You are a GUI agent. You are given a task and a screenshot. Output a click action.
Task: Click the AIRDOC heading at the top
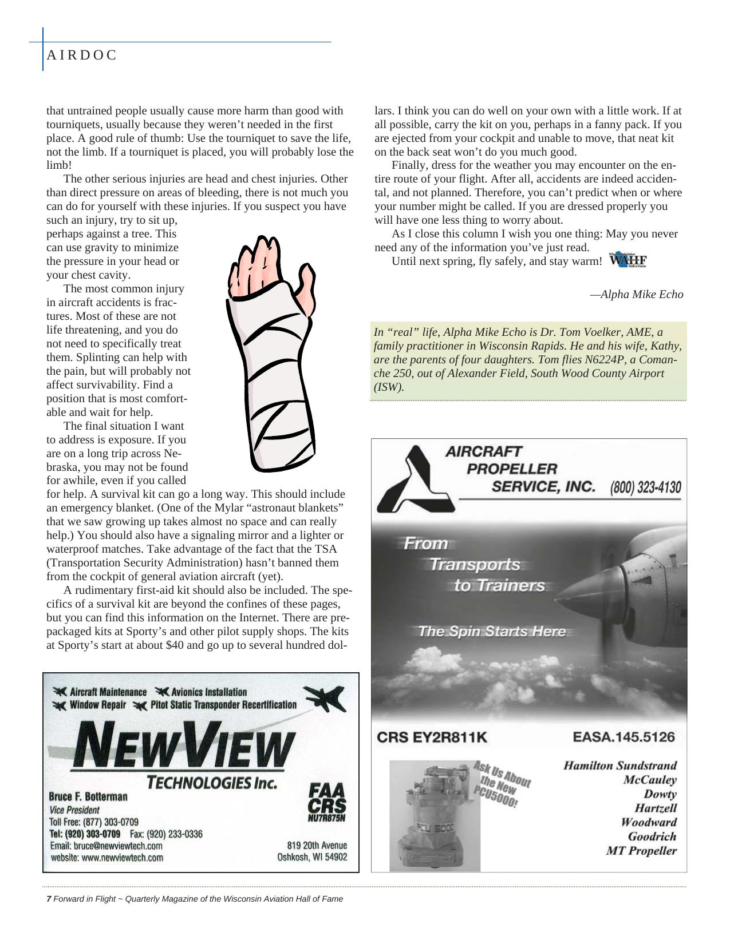coord(81,55)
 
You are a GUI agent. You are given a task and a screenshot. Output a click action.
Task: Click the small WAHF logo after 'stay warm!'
coord(628,260)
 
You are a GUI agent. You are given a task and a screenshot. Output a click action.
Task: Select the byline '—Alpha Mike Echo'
coord(636,294)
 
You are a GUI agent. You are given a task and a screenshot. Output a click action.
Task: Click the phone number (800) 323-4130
coord(645,487)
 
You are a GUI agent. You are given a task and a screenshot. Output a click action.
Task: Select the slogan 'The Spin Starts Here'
coord(492,631)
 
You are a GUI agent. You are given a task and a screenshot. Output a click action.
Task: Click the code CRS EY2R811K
coord(432,737)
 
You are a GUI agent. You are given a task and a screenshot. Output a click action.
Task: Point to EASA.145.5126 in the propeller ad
coord(624,736)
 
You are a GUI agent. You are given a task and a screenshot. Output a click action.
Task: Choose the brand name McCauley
coord(650,779)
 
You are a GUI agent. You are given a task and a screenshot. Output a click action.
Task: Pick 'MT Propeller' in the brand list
coord(641,850)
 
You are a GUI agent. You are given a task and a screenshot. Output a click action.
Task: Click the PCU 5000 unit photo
coord(435,815)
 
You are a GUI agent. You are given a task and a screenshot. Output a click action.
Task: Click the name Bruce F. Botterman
coord(88,796)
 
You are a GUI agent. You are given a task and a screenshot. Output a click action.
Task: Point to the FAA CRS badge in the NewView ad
coord(327,802)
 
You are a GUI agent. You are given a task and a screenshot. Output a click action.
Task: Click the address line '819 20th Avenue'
coord(317,845)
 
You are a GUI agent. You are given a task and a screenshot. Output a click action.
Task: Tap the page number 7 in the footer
coord(49,898)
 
